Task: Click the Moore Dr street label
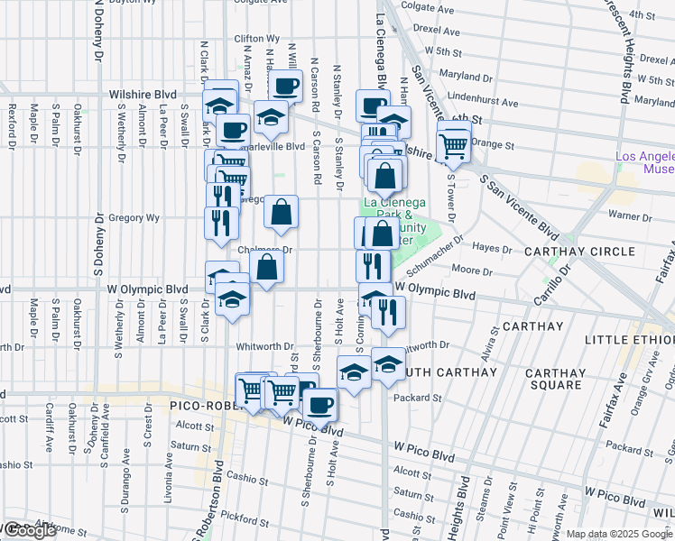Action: pos(471,270)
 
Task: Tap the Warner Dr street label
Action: pos(623,215)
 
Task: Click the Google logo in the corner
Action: pos(29,530)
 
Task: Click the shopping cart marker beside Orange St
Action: pos(453,142)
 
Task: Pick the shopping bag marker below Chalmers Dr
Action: pos(267,267)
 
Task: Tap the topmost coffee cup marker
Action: pos(285,87)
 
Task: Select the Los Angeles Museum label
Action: pos(644,163)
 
